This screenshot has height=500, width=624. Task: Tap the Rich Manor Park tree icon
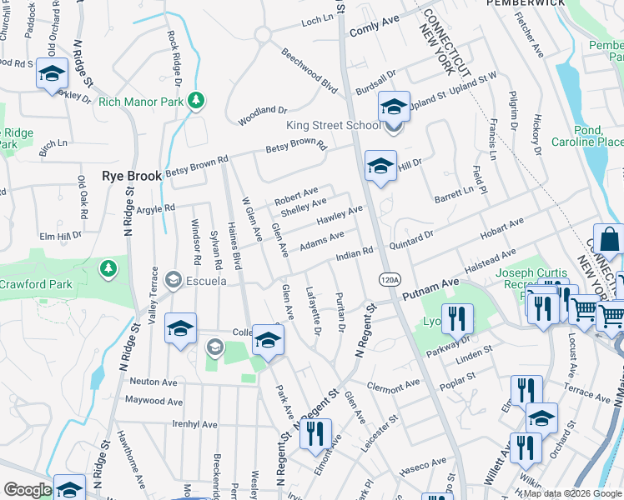pos(196,102)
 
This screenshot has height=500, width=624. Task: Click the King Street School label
pos(333,126)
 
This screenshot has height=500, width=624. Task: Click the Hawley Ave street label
pos(340,216)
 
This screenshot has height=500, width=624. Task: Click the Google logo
pos(28,490)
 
